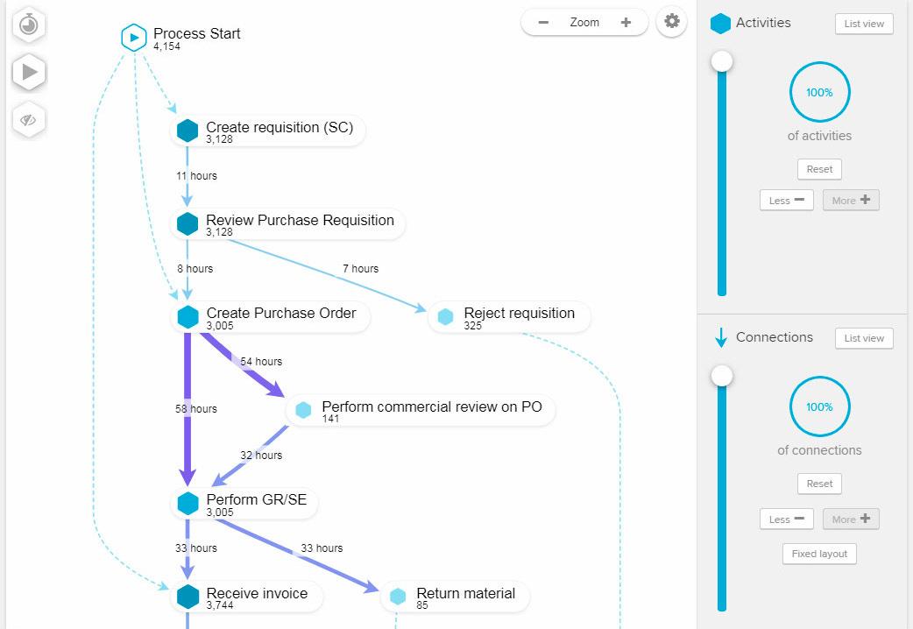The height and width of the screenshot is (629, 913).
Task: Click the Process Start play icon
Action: [x=133, y=38]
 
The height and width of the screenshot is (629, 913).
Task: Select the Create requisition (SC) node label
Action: [x=280, y=128]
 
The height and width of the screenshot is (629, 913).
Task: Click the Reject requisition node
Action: [x=519, y=314]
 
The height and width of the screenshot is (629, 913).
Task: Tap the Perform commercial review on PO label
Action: [x=432, y=407]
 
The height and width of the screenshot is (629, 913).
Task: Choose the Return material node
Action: [x=465, y=594]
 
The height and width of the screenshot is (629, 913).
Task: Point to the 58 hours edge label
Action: [x=195, y=409]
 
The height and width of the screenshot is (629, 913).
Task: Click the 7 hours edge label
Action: [x=360, y=269]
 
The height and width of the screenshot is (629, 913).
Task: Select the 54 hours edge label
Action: [x=261, y=362]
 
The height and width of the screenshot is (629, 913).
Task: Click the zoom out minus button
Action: [x=544, y=23]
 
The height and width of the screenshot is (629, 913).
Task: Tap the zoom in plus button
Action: [x=626, y=23]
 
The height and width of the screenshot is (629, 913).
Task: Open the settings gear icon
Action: [x=671, y=22]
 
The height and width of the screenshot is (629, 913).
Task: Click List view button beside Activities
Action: [x=864, y=24]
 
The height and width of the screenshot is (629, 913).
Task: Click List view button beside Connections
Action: [x=864, y=338]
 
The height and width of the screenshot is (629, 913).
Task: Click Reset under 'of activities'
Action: [x=819, y=169]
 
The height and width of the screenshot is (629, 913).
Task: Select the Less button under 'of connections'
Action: [x=786, y=519]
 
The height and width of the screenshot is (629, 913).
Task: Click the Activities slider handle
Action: [x=722, y=61]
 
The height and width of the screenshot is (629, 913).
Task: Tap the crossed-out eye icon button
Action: [x=29, y=120]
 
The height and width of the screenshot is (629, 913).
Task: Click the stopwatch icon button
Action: [x=29, y=25]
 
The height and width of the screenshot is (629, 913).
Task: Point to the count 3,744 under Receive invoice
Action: [x=221, y=605]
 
